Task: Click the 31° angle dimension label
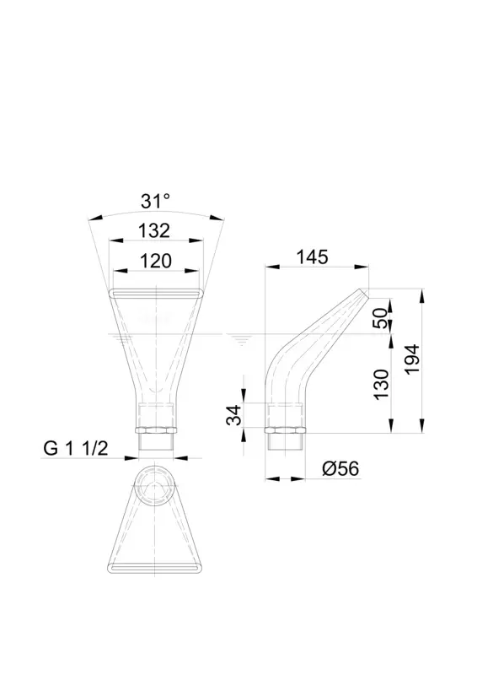[x=155, y=201]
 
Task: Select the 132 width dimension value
[x=154, y=230]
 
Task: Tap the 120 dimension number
[x=156, y=261]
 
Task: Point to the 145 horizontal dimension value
[x=313, y=257]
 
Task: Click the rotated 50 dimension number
[x=381, y=318]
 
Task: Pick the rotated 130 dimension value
[x=381, y=385]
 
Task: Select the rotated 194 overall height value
[x=412, y=359]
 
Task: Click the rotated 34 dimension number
[x=235, y=415]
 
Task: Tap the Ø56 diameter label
[x=340, y=468]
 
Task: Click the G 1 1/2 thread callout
[x=76, y=449]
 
